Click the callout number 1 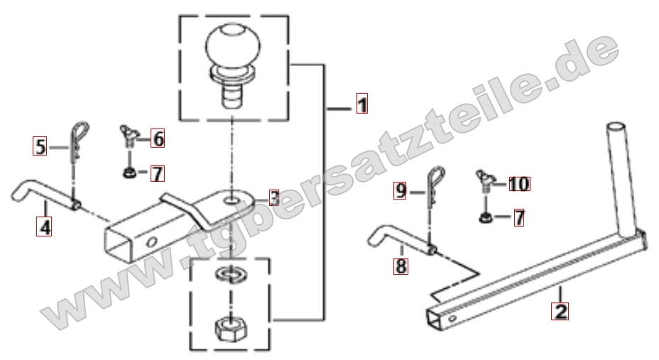[x=362, y=104]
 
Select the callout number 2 [x=560, y=311]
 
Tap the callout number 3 [x=274, y=198]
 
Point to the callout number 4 [x=44, y=227]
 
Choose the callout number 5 [x=40, y=146]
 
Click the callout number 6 [x=158, y=138]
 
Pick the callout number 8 [x=401, y=266]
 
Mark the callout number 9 [x=401, y=191]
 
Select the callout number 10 [x=520, y=184]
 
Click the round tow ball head [x=233, y=45]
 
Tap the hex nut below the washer [x=230, y=327]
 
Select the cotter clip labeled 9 [x=435, y=186]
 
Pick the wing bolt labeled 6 [x=129, y=135]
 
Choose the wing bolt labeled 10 [x=484, y=180]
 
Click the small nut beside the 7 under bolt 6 [x=129, y=173]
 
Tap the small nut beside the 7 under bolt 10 [x=485, y=217]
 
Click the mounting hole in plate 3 [x=232, y=198]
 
